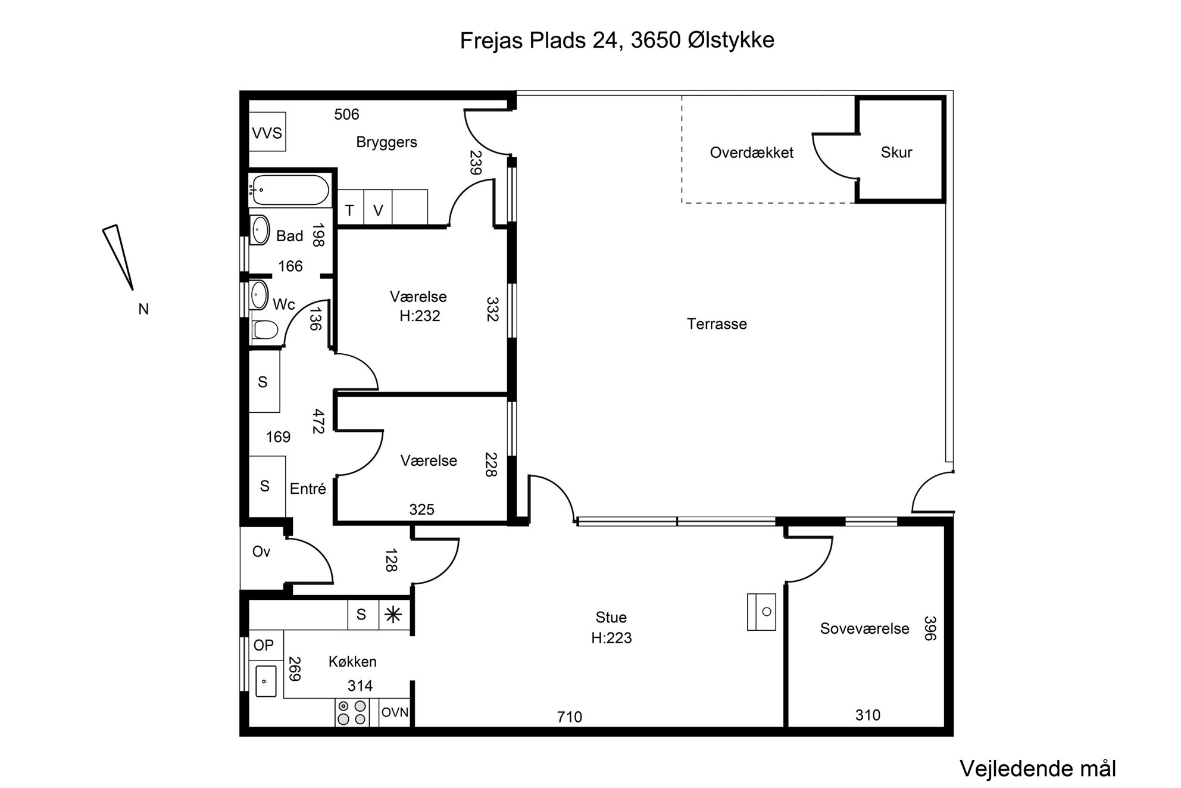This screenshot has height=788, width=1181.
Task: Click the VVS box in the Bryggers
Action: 267,132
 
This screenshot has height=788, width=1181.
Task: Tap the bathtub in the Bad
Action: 289,190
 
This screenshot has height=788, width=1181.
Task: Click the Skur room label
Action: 896,152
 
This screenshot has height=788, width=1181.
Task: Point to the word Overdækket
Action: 751,152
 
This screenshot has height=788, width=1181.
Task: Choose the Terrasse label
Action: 717,324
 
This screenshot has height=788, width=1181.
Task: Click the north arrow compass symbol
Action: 118,257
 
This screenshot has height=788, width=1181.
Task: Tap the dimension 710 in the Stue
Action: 569,717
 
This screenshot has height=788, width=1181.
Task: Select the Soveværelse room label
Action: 864,628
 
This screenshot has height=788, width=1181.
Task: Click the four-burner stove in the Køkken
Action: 352,712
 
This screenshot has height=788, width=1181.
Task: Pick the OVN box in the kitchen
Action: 395,712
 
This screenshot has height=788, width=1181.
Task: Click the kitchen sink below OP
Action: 266,681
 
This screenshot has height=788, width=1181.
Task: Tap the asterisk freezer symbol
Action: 393,615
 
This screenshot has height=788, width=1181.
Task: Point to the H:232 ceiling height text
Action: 420,316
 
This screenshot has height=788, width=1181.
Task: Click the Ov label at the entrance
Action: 261,552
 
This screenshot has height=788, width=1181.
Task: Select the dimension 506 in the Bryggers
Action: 346,114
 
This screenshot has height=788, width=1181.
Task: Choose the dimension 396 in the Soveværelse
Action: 930,628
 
